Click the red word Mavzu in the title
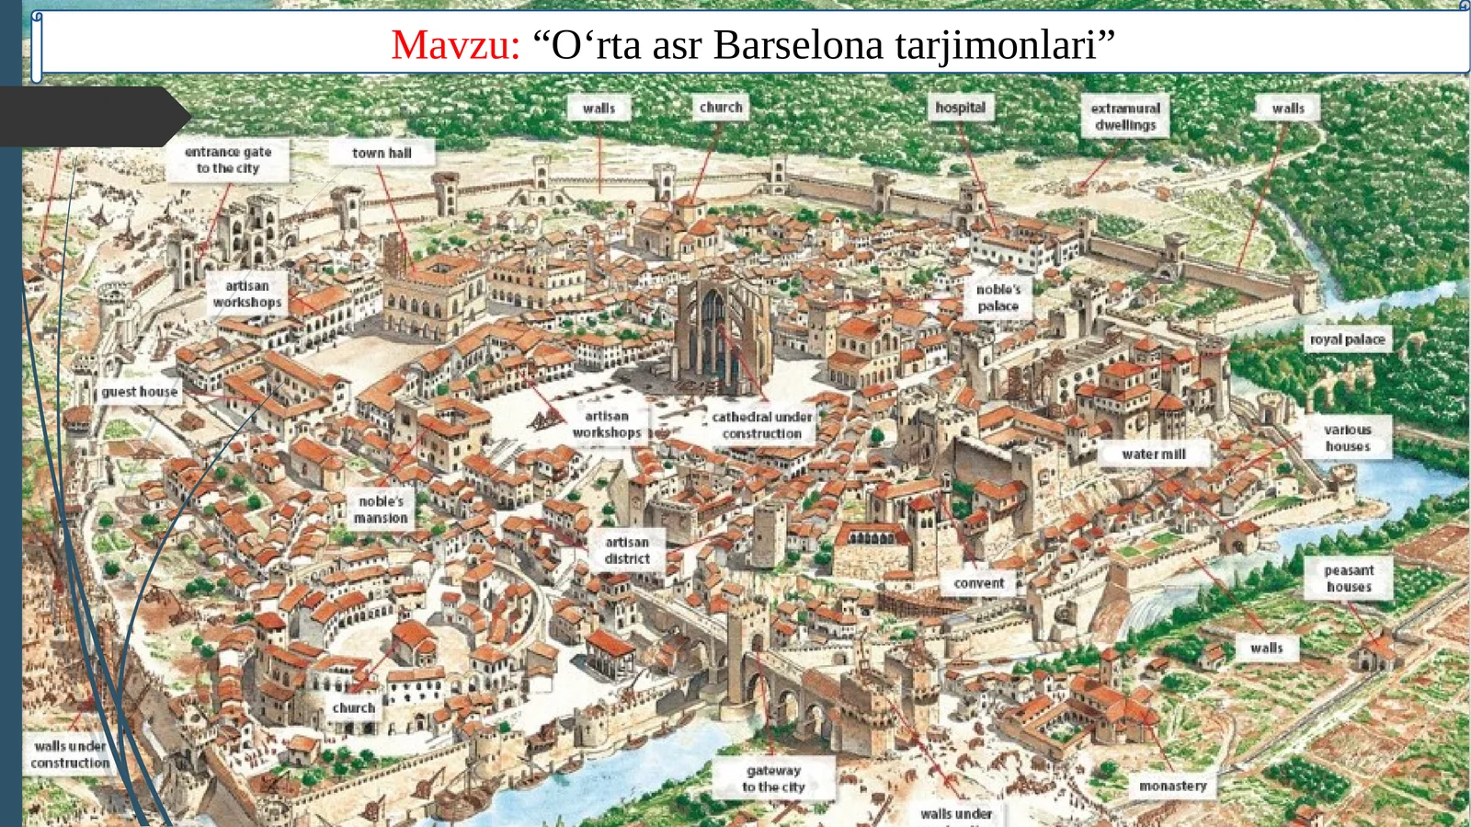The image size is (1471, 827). (x=454, y=45)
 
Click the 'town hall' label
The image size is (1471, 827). (x=382, y=154)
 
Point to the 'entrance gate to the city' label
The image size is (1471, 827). (x=228, y=160)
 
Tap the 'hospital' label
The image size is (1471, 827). (x=960, y=108)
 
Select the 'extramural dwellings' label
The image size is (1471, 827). (x=1125, y=117)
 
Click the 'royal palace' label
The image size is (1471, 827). (x=1347, y=339)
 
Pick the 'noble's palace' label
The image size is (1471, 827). (x=998, y=297)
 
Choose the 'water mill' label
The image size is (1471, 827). (x=1153, y=454)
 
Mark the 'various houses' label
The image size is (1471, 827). (x=1347, y=438)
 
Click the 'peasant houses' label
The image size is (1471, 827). (x=1349, y=579)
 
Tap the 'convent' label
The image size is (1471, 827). (x=978, y=583)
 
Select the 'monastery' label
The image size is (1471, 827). (x=1172, y=786)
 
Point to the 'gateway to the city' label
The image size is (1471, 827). (x=773, y=778)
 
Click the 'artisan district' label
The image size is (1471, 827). (x=627, y=550)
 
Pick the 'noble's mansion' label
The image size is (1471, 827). (x=381, y=510)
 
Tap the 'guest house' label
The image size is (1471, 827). (x=139, y=392)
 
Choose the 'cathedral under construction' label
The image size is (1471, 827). (x=761, y=425)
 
